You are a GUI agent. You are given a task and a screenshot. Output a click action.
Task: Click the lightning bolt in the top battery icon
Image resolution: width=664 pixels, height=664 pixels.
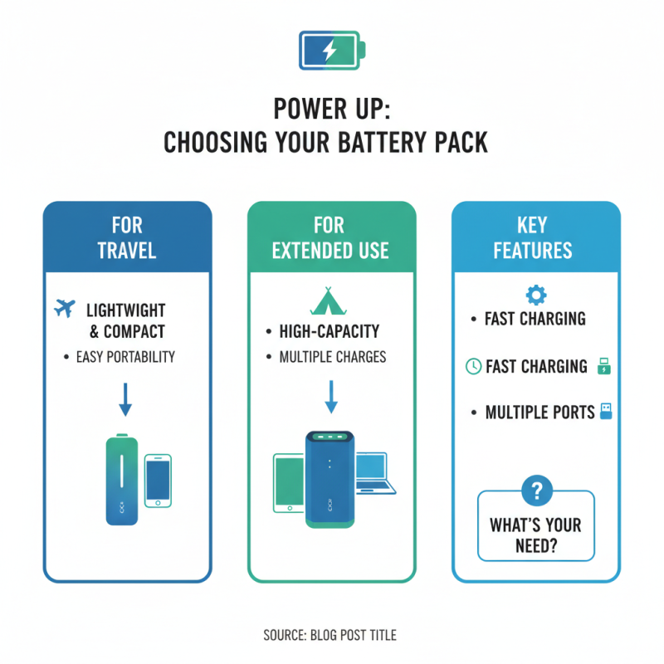330,50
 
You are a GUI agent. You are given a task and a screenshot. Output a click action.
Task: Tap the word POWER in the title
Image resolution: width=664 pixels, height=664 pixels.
304,110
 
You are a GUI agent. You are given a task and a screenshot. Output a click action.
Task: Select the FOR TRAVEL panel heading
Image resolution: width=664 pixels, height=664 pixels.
126,237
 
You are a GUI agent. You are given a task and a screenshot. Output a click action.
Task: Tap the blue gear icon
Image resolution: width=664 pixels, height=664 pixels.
535,295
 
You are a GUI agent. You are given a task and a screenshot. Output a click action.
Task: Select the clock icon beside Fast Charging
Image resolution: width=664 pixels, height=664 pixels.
473,367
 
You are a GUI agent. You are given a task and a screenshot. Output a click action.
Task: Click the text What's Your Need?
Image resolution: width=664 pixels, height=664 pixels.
535,536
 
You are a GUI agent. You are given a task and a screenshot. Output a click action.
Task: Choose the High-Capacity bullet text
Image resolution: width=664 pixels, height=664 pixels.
330,332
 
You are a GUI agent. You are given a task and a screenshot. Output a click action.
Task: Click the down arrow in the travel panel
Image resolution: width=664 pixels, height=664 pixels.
125,398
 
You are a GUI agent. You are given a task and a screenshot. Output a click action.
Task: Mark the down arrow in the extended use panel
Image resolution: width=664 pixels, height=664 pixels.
330,396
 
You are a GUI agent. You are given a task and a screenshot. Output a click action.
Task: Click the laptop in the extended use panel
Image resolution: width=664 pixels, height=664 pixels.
371,476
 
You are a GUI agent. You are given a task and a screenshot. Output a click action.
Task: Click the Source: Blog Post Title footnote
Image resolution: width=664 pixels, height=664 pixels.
330,636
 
